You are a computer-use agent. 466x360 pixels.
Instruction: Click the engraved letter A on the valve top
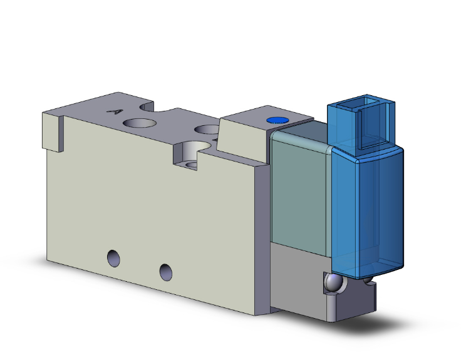pyautogui.click(x=114, y=113)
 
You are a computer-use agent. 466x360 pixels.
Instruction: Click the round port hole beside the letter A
pyautogui.click(x=140, y=123)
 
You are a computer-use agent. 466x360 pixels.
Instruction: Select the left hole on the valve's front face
pyautogui.click(x=113, y=257)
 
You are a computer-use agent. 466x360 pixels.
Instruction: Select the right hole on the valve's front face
pyautogui.click(x=165, y=271)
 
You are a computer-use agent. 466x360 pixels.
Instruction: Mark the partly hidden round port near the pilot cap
pyautogui.click(x=207, y=130)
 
